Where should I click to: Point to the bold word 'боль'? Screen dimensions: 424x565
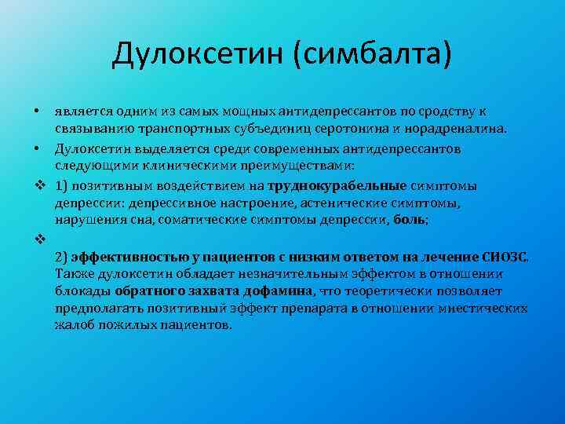click(409, 220)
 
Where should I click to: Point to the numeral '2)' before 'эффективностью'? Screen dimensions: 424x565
click(62, 256)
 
